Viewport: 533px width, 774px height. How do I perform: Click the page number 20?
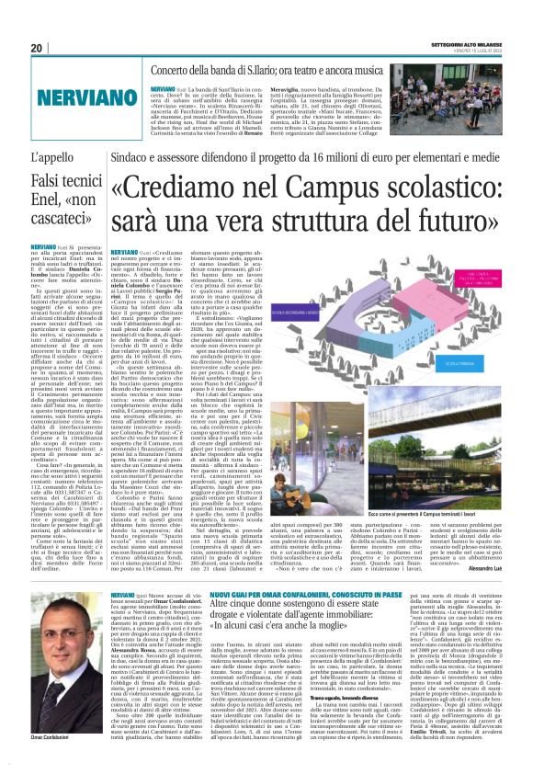38,48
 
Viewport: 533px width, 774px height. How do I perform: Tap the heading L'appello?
51,157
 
